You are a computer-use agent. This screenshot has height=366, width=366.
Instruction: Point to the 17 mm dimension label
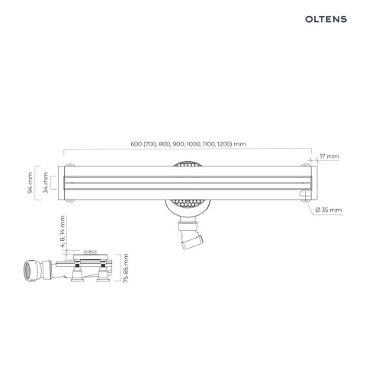(330, 156)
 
